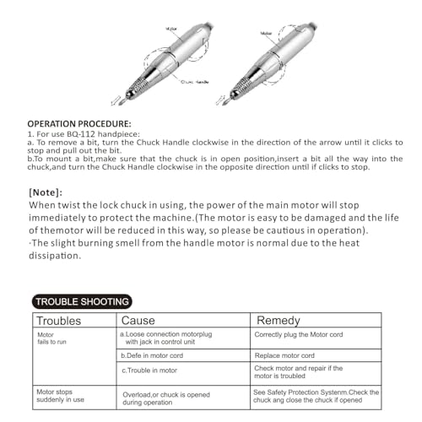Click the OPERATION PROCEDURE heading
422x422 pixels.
pyautogui.click(x=77, y=123)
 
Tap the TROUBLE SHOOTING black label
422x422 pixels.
pyautogui.click(x=81, y=300)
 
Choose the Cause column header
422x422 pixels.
pyautogui.click(x=138, y=322)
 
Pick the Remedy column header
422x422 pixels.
pyautogui.click(x=278, y=322)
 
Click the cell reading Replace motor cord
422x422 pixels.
pyautogui.click(x=284, y=356)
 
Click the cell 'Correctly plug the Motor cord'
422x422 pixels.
pyautogui.click(x=299, y=336)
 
